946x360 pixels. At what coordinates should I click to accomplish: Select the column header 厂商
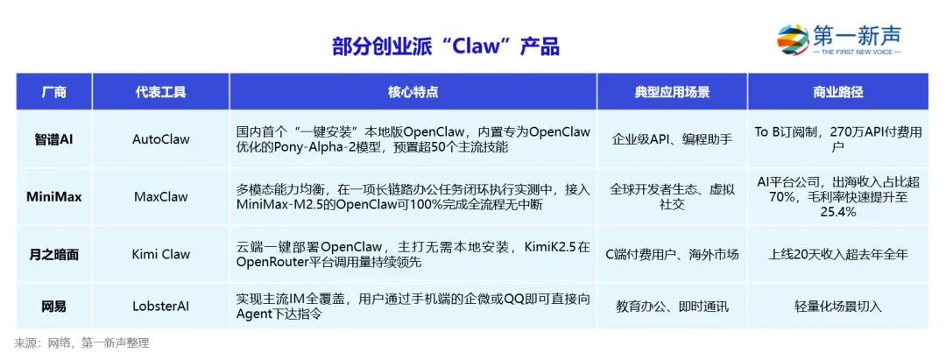(54, 92)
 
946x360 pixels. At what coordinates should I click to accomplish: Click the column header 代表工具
(160, 92)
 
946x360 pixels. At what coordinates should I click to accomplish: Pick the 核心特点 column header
(413, 92)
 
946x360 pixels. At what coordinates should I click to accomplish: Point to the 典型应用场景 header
(672, 92)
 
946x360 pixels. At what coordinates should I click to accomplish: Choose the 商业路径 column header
(837, 92)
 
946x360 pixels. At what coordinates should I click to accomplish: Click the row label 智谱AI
(54, 138)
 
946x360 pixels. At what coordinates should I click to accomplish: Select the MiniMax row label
(54, 196)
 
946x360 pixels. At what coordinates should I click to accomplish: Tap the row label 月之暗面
(54, 254)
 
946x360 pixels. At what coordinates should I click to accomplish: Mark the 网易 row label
(54, 307)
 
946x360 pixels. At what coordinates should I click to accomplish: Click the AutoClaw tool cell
(160, 138)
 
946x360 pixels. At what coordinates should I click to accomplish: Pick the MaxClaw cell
(160, 196)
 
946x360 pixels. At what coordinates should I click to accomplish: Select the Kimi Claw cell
(160, 254)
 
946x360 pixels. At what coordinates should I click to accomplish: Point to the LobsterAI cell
(160, 307)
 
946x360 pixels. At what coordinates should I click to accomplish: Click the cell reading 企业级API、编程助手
(672, 138)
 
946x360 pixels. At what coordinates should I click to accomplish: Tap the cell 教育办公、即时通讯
(672, 307)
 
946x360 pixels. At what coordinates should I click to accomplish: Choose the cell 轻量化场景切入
(837, 307)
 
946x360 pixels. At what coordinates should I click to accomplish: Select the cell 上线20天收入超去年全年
(837, 254)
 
